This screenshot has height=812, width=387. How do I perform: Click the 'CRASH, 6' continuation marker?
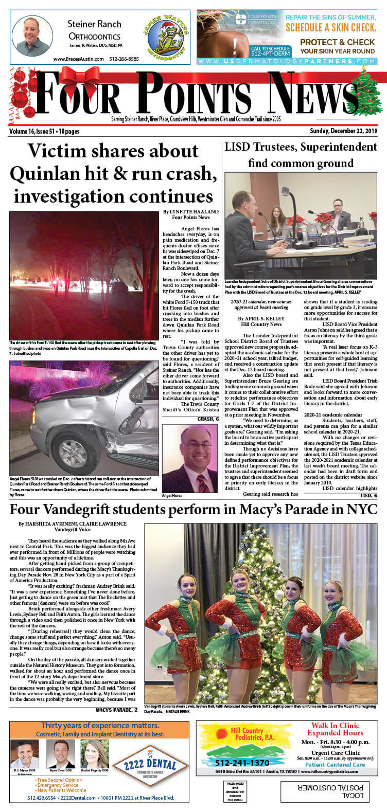click(207, 420)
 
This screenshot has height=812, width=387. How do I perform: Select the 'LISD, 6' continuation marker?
click(368, 495)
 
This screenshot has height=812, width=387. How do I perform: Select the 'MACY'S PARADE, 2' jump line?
click(117, 710)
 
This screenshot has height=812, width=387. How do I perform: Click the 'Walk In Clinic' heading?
click(335, 726)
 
